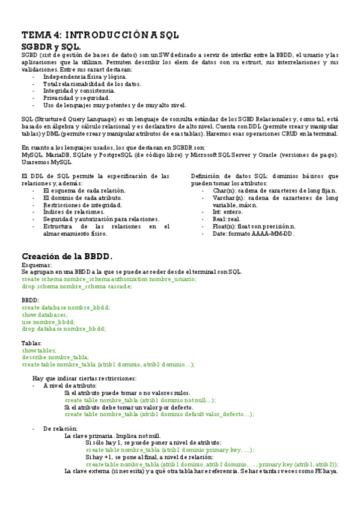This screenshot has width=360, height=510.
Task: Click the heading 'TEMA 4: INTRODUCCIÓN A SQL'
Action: [100, 35]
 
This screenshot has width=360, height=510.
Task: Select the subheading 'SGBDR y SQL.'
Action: [51, 46]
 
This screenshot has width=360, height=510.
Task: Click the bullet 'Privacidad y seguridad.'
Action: [76, 97]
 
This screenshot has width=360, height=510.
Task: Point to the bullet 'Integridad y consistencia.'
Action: [79, 90]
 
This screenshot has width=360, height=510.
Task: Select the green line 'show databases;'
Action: [45, 315]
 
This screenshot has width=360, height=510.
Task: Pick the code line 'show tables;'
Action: [39, 350]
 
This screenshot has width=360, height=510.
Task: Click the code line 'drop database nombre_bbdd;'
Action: [64, 329]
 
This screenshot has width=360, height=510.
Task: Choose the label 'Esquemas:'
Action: [37, 265]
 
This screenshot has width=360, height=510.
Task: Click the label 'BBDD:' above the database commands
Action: [31, 300]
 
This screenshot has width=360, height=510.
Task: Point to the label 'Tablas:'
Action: [32, 343]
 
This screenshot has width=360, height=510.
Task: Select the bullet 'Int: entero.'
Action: [228, 212]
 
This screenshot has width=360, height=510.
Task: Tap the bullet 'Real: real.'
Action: [227, 220]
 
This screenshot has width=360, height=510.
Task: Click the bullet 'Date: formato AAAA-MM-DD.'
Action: [254, 234]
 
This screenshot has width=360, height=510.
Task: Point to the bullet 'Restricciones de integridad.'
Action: [82, 205]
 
